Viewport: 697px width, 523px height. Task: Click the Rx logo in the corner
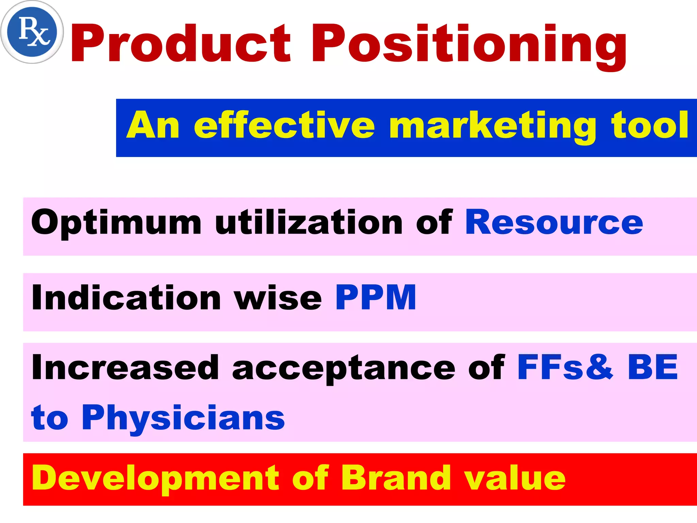click(32, 32)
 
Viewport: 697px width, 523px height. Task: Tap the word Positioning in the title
click(469, 46)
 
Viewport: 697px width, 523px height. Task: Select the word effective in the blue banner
click(284, 125)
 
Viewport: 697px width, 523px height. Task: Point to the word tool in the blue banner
click(650, 125)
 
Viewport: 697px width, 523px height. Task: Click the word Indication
click(126, 298)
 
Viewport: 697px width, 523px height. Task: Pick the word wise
click(278, 298)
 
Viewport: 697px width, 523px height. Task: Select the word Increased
click(125, 367)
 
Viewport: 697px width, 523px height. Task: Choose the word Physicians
click(183, 418)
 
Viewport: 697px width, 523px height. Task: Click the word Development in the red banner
click(155, 479)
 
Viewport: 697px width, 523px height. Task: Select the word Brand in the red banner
click(397, 478)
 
